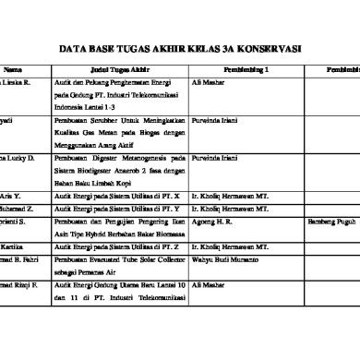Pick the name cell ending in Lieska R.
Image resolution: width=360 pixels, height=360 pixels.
[19, 82]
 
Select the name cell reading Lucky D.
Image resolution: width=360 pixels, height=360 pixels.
[20, 159]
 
